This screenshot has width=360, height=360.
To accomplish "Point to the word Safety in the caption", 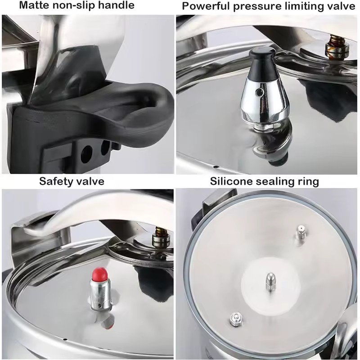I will [x=56, y=181].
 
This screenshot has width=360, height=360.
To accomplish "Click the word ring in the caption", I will [x=308, y=182].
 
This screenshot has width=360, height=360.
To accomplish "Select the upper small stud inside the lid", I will [x=300, y=233].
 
